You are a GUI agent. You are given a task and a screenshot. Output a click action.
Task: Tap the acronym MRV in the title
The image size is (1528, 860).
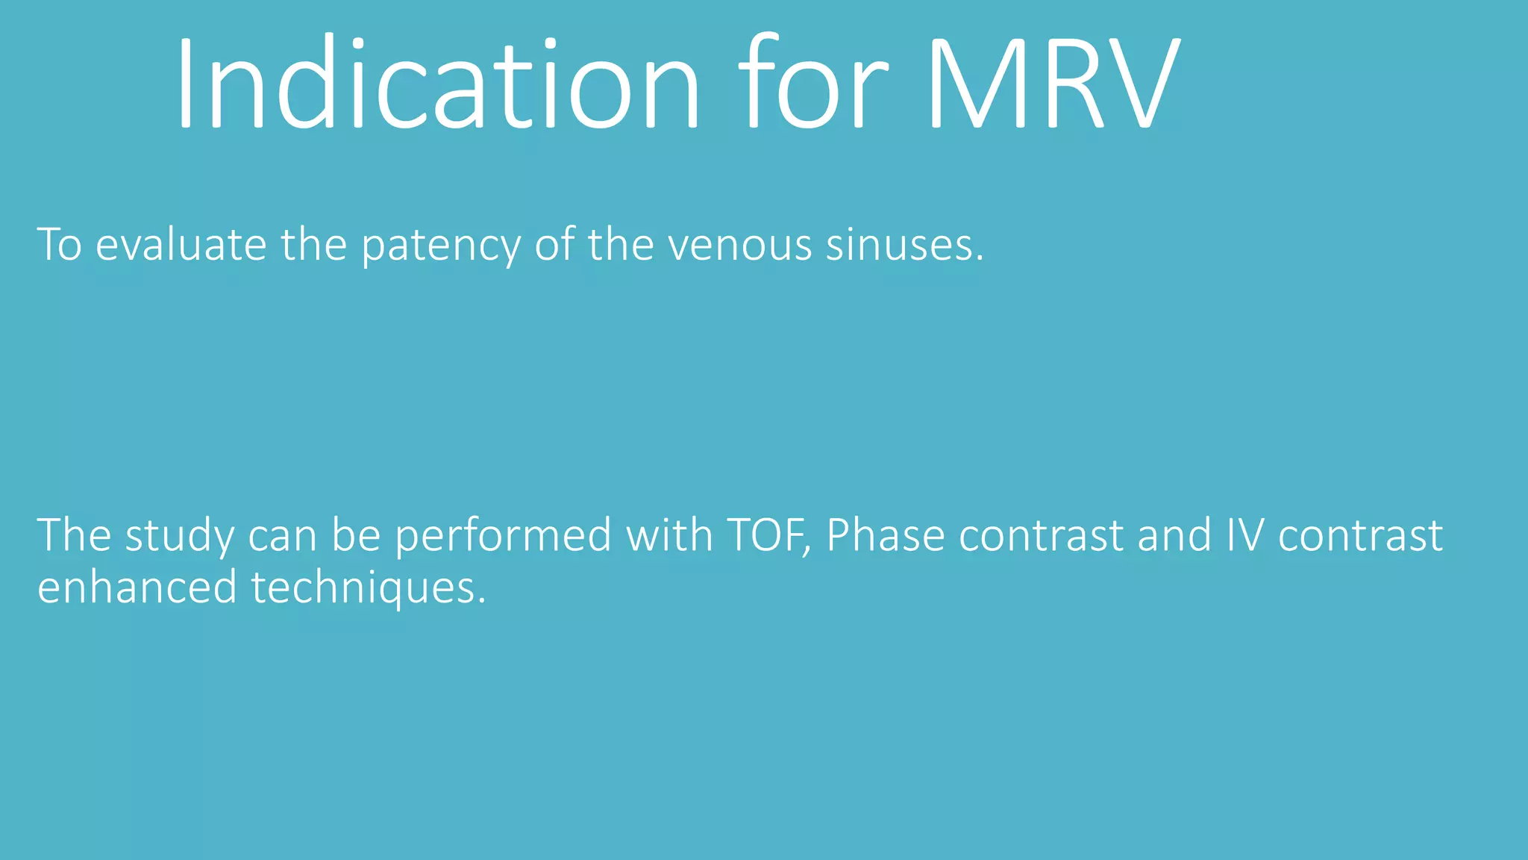pos(1053,84)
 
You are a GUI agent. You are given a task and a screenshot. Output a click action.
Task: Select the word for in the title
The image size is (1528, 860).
pos(813,84)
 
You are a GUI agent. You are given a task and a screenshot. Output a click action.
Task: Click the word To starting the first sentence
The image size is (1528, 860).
pos(59,245)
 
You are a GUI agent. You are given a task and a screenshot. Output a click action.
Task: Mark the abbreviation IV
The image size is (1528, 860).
pos(1245,536)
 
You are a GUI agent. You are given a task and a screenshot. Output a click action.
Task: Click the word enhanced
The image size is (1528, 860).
pos(137,588)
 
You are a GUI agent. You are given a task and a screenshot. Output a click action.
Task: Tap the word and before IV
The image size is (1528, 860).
pos(1174,536)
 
